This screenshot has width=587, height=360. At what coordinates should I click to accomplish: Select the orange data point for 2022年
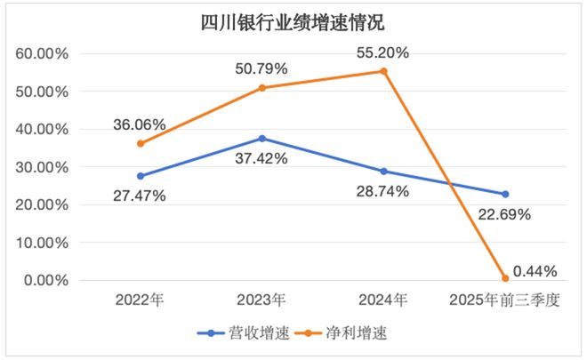tap(140, 143)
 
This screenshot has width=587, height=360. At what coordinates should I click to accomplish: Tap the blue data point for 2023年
tap(261, 139)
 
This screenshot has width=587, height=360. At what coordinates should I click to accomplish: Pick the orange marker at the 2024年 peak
tap(384, 71)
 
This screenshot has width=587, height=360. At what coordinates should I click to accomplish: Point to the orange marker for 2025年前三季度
tap(505, 278)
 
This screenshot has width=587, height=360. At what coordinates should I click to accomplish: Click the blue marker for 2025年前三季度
tap(505, 194)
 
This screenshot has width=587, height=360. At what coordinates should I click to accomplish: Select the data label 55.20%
tap(383, 53)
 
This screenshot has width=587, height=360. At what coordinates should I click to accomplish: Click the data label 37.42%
tap(261, 158)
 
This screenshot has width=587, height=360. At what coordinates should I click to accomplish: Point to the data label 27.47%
tap(140, 196)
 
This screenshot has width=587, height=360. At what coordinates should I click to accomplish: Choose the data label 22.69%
tap(504, 214)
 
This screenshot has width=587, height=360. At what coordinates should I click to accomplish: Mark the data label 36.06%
tap(140, 125)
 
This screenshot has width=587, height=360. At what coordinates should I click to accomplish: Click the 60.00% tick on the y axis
tap(43, 53)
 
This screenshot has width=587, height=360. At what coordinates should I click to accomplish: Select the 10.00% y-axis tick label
tap(43, 242)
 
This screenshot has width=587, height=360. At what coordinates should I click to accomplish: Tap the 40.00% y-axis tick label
tap(43, 129)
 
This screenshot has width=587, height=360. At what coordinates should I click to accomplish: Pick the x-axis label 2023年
tap(261, 300)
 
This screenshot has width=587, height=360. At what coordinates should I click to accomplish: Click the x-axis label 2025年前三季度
tap(504, 300)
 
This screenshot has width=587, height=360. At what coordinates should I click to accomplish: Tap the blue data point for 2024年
tap(384, 171)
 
